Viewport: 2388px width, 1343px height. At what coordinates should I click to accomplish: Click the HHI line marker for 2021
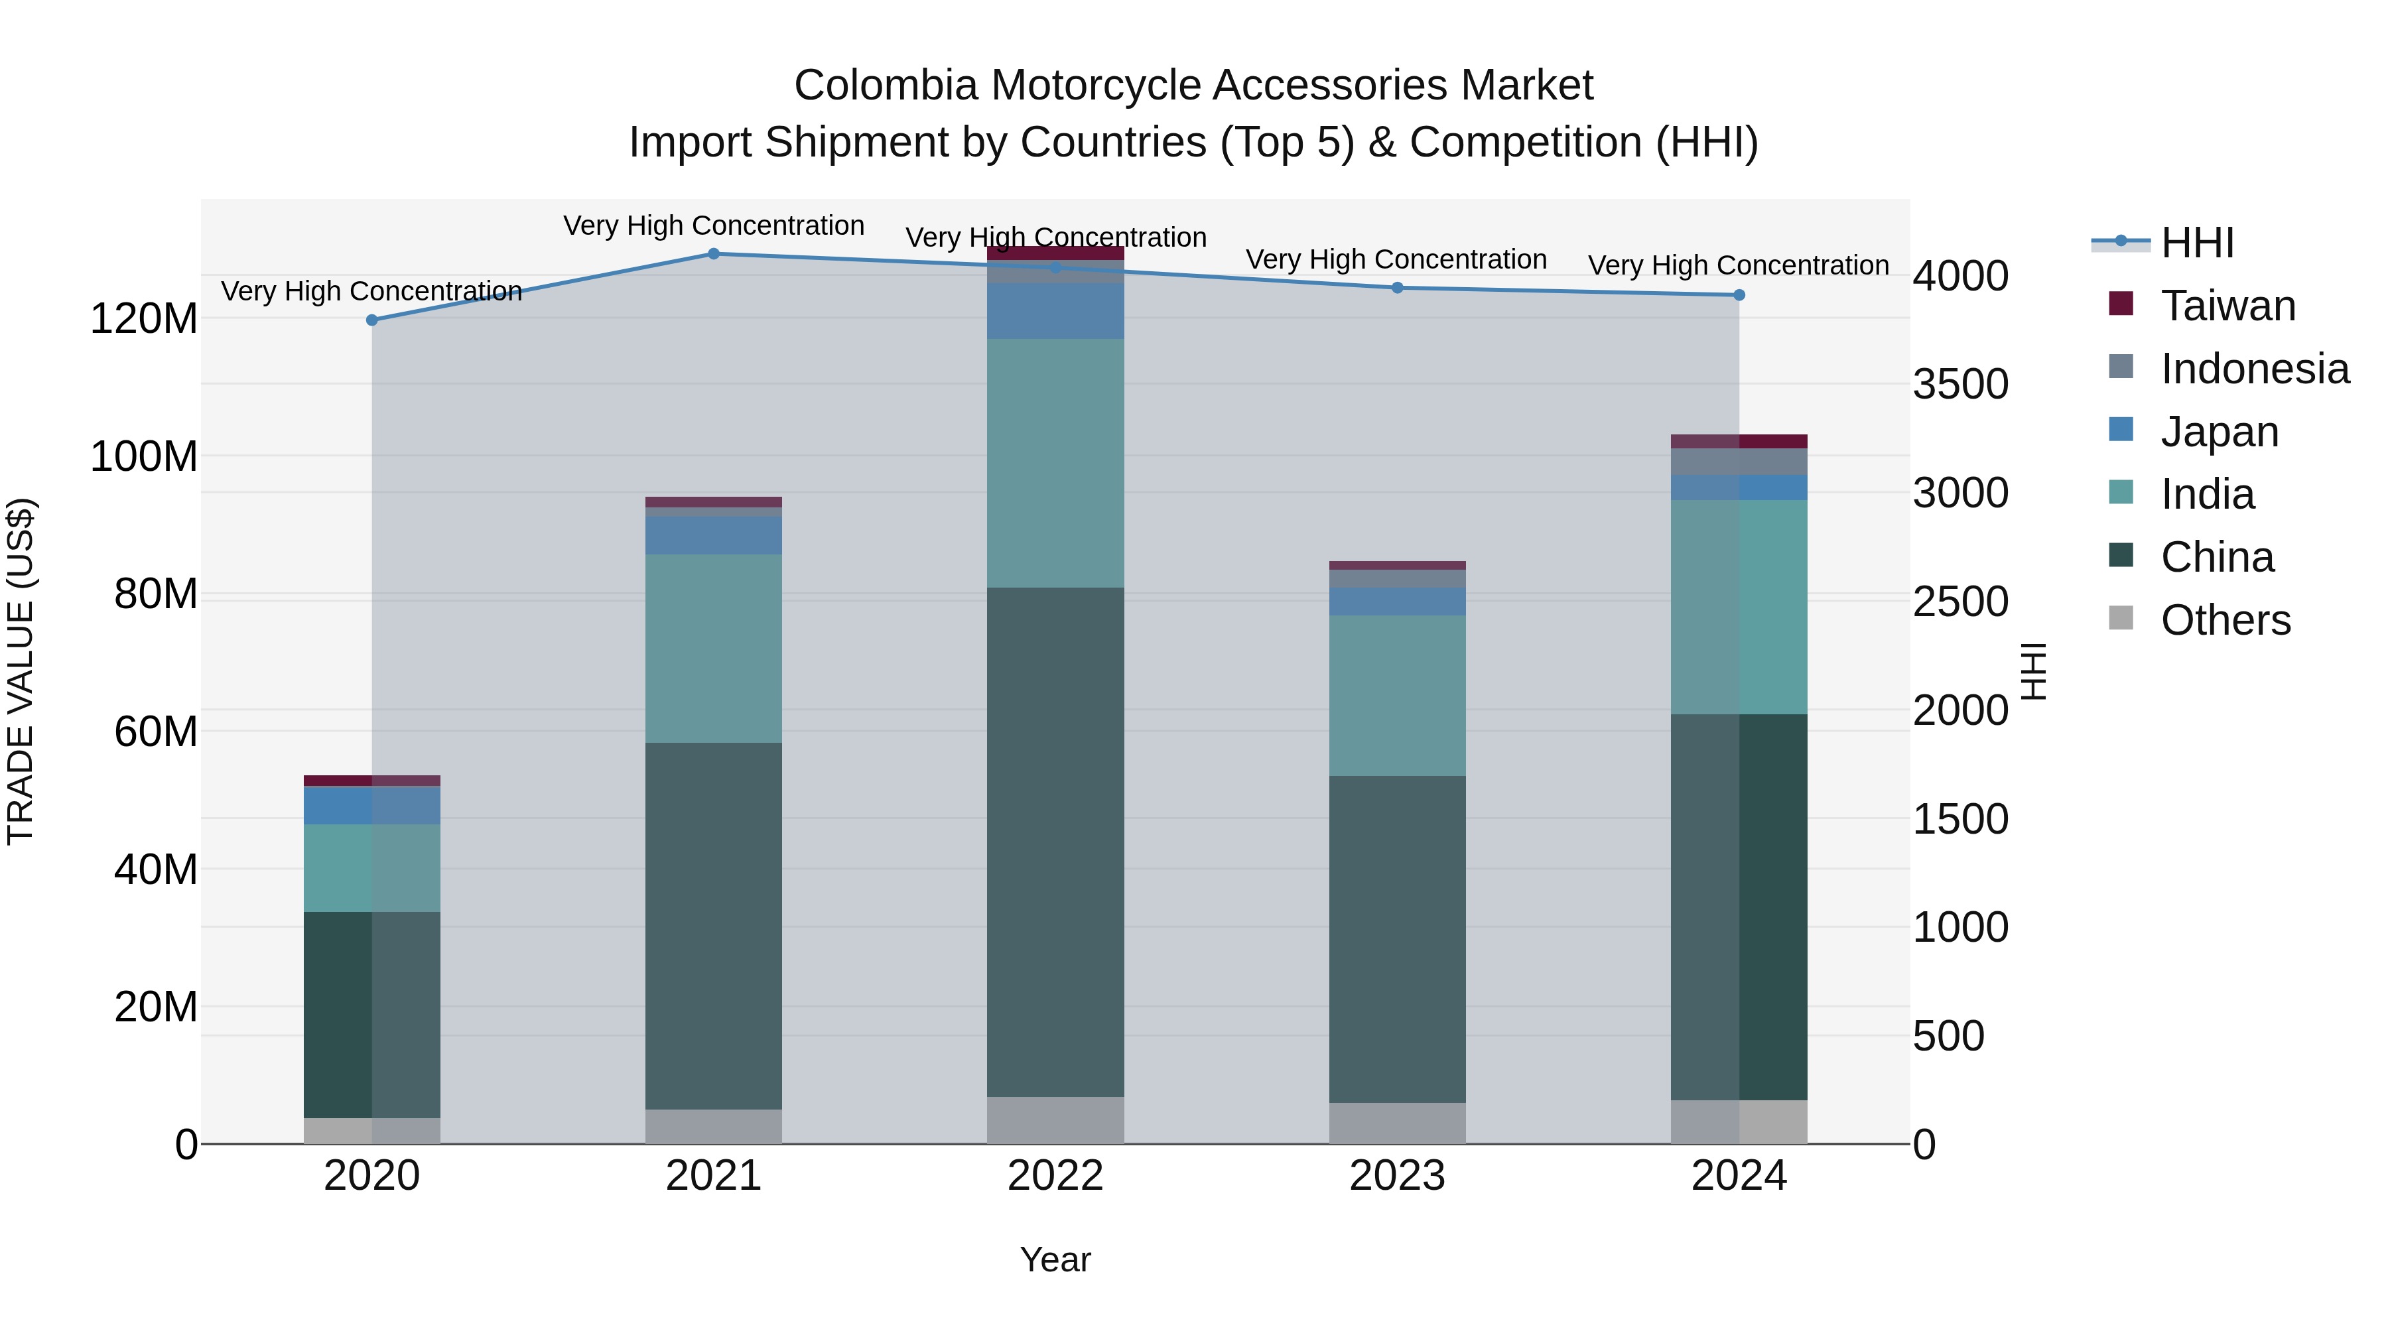(x=713, y=254)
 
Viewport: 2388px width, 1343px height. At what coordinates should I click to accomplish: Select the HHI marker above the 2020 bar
(x=371, y=320)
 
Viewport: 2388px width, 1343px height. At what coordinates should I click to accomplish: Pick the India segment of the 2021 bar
(x=713, y=648)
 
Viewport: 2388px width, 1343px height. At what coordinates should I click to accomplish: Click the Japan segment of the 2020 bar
(x=371, y=805)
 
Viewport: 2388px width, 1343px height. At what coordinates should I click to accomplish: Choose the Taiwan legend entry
(x=2227, y=306)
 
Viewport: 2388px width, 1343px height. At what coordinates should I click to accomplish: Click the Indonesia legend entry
(x=2255, y=369)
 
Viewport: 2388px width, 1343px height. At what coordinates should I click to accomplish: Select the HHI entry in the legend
(x=2197, y=243)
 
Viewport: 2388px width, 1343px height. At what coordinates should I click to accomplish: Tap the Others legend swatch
(x=2121, y=618)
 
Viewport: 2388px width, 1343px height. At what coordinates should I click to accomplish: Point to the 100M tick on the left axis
(x=144, y=457)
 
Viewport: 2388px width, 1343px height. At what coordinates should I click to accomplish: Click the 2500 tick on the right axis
(x=1961, y=602)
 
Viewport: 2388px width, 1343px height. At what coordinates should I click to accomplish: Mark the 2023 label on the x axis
(x=1397, y=1176)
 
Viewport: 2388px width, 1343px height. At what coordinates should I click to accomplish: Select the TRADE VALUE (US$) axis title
(x=21, y=671)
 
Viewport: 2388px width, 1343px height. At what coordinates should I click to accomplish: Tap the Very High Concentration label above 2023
(x=1396, y=259)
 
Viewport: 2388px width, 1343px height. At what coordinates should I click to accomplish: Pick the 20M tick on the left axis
(x=156, y=1007)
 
